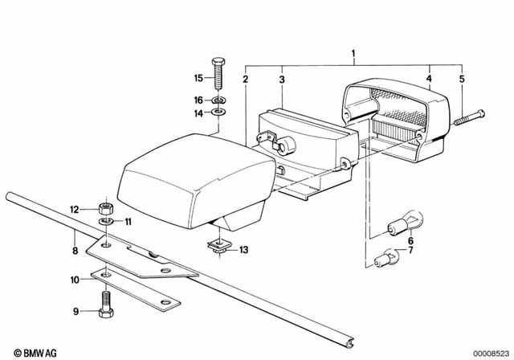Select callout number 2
[246, 79]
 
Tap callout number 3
[281, 79]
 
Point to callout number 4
[429, 79]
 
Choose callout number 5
[462, 79]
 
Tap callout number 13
[244, 250]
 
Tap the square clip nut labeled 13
[216, 247]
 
